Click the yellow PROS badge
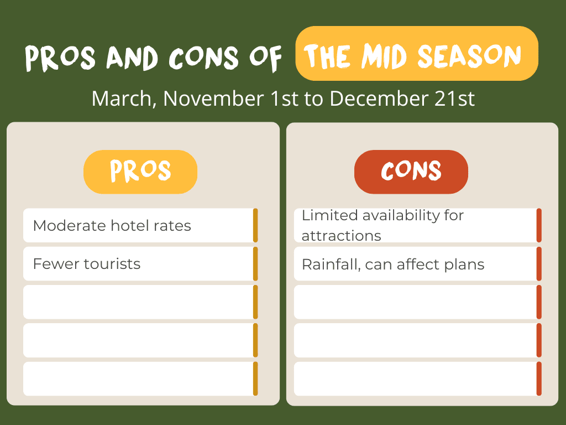140,172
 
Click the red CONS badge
411,172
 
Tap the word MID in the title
385,56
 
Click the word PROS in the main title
60,58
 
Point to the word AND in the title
132,58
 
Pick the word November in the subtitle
213,99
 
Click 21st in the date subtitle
454,99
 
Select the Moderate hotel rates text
112,226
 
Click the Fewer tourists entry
87,264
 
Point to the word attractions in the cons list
341,236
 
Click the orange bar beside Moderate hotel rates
255,225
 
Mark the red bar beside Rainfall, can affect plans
539,264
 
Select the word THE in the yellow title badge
328,56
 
